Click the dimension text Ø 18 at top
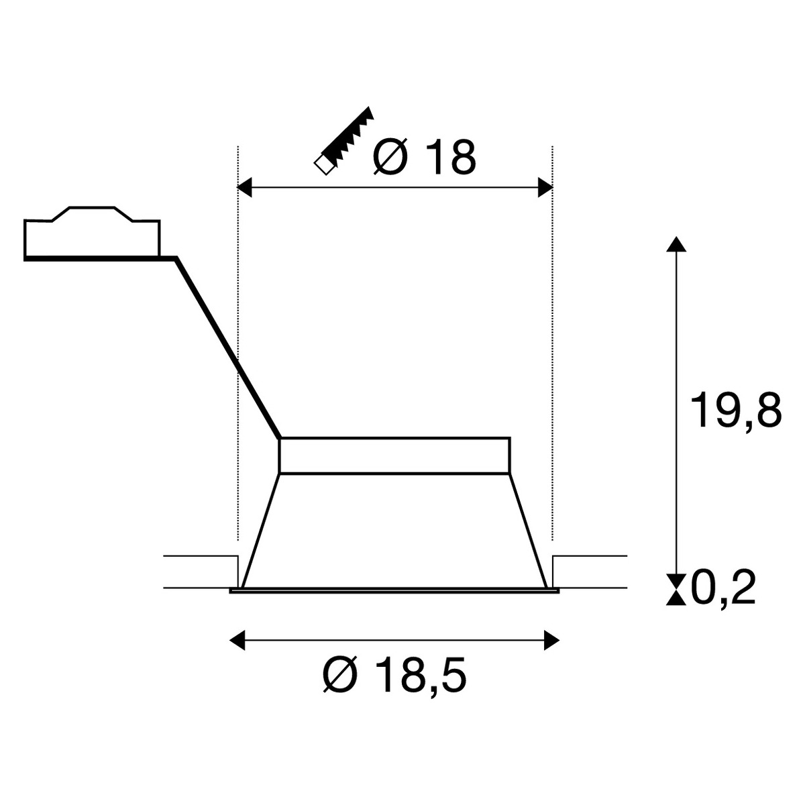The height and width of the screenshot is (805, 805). point(425,159)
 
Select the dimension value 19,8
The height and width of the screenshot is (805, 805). point(736,411)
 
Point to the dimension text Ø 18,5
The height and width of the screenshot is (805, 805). point(394,676)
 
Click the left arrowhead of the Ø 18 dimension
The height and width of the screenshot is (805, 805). point(244,186)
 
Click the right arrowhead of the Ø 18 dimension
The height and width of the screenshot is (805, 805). point(545,186)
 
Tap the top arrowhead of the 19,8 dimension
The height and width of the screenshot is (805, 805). point(676,244)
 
